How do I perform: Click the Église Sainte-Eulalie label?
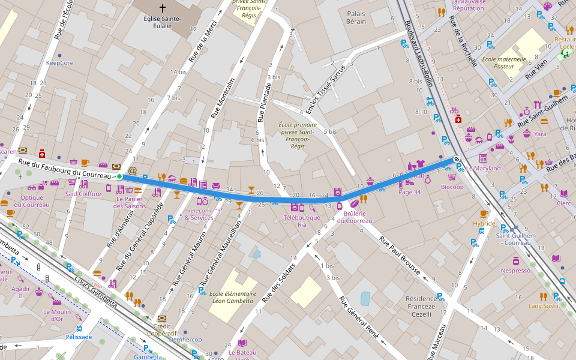[162, 22]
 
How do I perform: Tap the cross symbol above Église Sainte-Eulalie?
[162, 8]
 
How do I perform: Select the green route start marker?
[119, 176]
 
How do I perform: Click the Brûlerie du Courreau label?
[354, 217]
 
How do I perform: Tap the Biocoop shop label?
[452, 187]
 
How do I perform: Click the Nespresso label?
[515, 271]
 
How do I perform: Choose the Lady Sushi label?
[543, 306]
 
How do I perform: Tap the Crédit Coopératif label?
[162, 329]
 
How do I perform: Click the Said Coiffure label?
[83, 194]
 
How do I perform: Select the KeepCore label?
[59, 62]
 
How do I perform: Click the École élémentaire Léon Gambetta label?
[233, 297]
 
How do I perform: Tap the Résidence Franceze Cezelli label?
[427, 306]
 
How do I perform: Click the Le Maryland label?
[483, 169]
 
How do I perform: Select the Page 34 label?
[409, 192]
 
